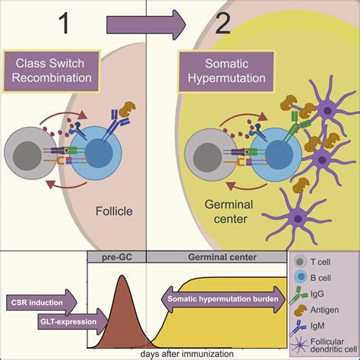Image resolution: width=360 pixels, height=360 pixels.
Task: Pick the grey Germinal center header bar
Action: click(x=216, y=258)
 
